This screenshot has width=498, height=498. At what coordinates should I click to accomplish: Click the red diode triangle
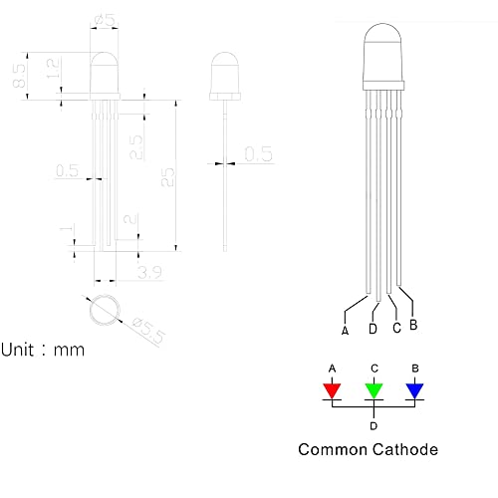click(332, 390)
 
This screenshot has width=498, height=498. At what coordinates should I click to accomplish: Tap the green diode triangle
click(373, 390)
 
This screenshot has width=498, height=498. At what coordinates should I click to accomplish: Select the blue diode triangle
click(415, 390)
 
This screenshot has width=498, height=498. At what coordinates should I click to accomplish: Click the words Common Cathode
click(369, 449)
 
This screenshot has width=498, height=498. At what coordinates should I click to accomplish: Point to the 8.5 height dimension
click(19, 76)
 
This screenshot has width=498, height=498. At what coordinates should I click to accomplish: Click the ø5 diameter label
click(105, 20)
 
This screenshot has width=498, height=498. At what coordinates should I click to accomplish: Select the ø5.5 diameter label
click(148, 330)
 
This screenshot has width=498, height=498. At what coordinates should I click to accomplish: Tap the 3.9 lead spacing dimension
click(149, 272)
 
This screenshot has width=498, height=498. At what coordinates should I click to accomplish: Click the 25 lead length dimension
click(167, 177)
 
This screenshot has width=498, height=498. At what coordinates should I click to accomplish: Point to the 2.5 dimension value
click(135, 147)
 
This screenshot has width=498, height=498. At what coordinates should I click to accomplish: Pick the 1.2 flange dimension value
click(53, 69)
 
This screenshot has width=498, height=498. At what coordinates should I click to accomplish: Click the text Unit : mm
click(43, 350)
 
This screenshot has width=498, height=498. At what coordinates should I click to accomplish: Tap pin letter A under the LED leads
click(345, 331)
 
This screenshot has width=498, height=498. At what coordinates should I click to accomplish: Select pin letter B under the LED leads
click(413, 325)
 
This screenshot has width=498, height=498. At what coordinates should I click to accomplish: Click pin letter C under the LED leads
click(396, 328)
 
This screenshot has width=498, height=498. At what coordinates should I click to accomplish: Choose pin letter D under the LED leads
click(373, 329)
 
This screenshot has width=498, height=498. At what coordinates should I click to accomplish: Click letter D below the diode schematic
click(373, 426)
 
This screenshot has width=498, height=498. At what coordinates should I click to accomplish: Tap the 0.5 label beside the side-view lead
click(259, 154)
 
